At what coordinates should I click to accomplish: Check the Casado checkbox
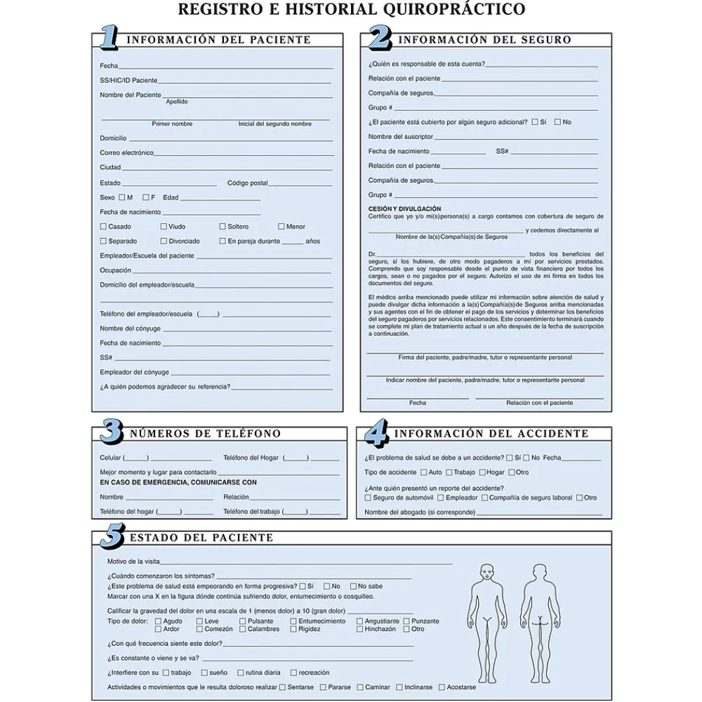(x=103, y=227)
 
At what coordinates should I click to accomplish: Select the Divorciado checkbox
(x=164, y=241)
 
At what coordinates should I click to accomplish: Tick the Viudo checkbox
(x=164, y=227)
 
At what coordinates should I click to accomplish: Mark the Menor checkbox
(x=282, y=227)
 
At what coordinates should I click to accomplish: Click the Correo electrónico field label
(x=126, y=152)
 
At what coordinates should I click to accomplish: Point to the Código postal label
(x=247, y=183)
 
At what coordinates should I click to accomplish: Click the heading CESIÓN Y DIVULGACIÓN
(x=404, y=208)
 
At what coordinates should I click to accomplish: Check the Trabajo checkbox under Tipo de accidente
(x=448, y=472)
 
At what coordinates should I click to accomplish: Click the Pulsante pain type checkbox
(x=243, y=621)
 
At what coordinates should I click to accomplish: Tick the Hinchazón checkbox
(x=359, y=629)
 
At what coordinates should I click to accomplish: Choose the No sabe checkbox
(x=352, y=586)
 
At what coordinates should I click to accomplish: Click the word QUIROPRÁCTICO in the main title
(x=460, y=9)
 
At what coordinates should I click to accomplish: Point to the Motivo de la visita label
(x=133, y=562)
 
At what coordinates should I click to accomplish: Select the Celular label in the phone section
(x=110, y=458)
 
